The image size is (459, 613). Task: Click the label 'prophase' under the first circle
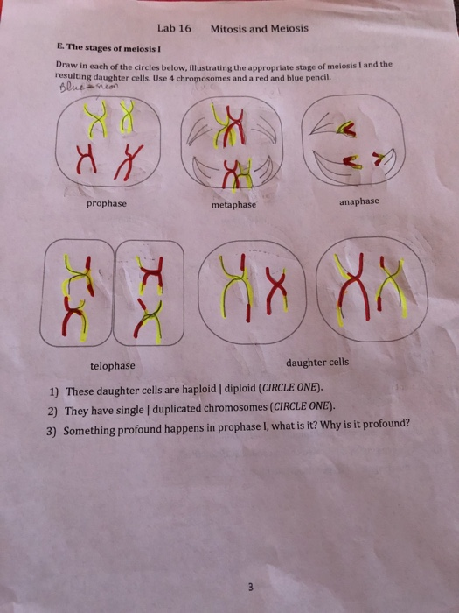pos(106,203)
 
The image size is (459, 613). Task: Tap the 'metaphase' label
pos(234,205)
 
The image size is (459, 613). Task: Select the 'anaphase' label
pos(359,201)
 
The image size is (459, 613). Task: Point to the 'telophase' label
pos(112,366)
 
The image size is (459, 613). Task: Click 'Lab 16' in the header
pos(175,28)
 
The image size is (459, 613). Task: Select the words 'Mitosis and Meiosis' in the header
pos(259,28)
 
